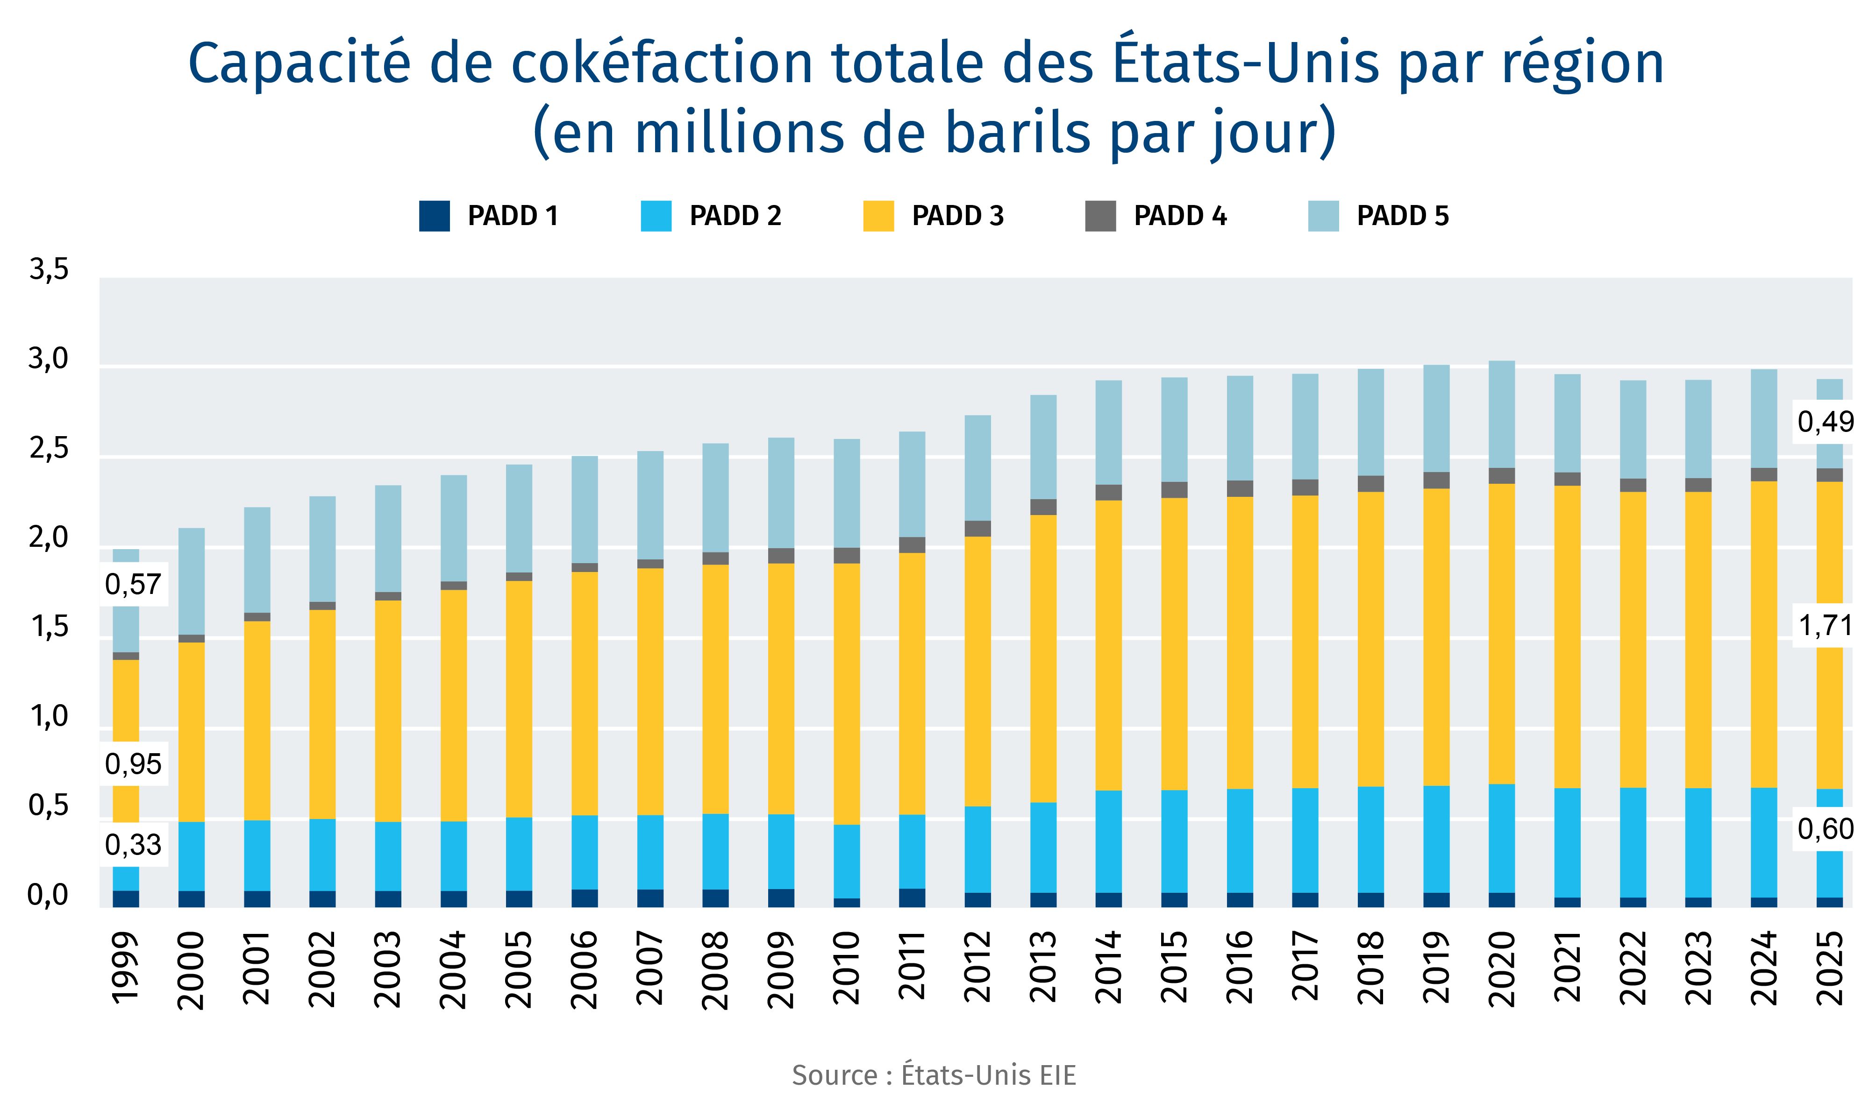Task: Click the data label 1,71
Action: tap(1825, 627)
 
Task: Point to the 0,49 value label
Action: tap(1825, 422)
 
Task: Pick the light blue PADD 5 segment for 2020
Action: tap(1502, 414)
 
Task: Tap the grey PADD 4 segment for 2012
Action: tap(977, 529)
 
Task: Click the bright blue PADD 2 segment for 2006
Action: tap(585, 853)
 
